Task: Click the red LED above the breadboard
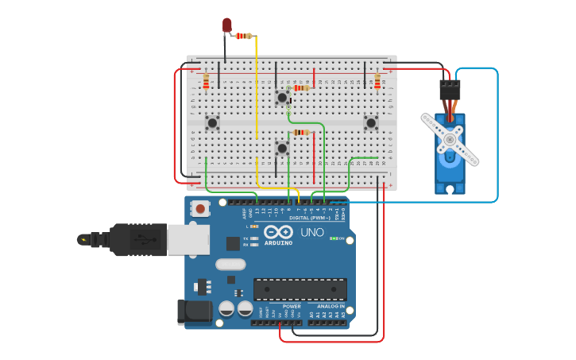(226, 25)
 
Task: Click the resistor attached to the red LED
(243, 36)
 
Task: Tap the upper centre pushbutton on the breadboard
(282, 97)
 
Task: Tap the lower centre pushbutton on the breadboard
(281, 148)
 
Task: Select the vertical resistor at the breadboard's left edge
(206, 82)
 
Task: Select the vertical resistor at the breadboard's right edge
(377, 82)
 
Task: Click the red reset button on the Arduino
(201, 209)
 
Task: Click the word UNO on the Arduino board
(311, 233)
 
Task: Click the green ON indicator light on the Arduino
(332, 238)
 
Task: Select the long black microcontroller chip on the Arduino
(300, 289)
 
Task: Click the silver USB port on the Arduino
(188, 239)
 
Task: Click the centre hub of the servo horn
(450, 140)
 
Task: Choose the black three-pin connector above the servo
(450, 89)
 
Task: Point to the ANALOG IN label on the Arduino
(331, 306)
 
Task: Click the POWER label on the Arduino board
(292, 306)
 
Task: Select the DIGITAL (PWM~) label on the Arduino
(309, 217)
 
